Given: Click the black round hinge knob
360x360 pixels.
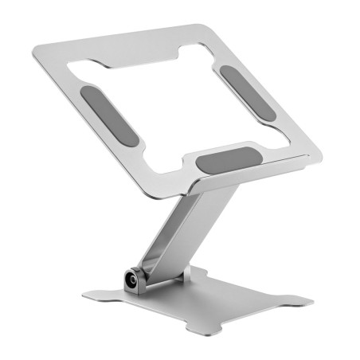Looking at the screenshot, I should click(x=128, y=281).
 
